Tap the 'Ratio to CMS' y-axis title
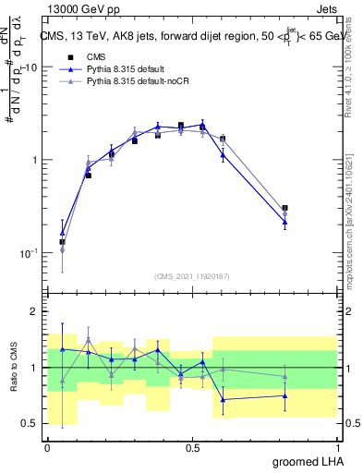pyautogui.click(x=13, y=367)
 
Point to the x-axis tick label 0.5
pyautogui.click(x=192, y=446)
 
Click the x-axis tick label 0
pyautogui.click(x=47, y=446)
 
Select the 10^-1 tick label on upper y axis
pyautogui.click(x=29, y=253)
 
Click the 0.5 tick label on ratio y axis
pyautogui.click(x=30, y=423)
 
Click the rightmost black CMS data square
pyautogui.click(x=284, y=209)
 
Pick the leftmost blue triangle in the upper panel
pyautogui.click(x=62, y=234)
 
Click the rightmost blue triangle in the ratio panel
pyautogui.click(x=284, y=395)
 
